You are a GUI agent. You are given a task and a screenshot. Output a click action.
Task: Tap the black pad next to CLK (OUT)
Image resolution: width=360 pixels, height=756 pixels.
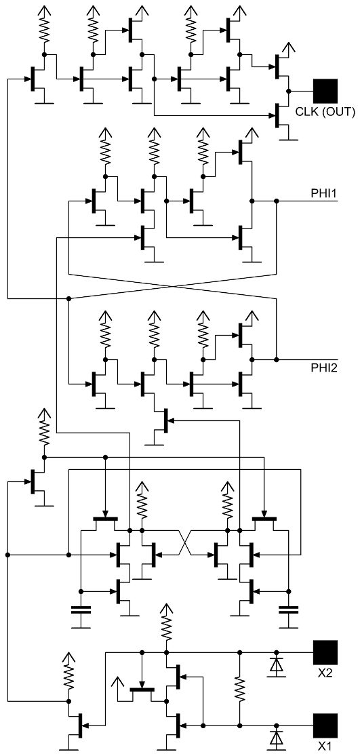click(326, 90)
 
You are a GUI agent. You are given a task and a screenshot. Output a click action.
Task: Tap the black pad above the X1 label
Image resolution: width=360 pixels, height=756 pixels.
click(326, 725)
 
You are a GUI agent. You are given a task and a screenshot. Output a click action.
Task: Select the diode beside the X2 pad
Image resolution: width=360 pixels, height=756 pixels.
click(276, 665)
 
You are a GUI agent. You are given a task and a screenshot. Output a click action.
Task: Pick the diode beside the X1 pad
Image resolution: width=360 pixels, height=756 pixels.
click(276, 738)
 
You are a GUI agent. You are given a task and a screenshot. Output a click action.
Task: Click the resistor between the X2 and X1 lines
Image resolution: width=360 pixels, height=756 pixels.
click(239, 688)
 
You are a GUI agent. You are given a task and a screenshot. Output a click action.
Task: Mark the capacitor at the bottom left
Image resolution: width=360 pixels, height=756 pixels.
click(81, 609)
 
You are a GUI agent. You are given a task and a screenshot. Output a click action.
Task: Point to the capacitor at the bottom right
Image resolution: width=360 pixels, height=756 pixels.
click(289, 609)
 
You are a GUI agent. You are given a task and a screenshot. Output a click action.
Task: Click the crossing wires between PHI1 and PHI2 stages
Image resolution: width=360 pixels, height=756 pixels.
click(172, 286)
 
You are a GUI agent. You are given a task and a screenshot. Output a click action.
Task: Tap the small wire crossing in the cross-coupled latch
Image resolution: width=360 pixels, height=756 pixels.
click(185, 542)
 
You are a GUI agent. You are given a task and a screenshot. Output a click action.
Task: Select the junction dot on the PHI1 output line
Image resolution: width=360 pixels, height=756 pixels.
click(276, 200)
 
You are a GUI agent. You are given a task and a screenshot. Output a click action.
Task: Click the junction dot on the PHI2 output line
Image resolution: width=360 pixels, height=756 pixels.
click(276, 359)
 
